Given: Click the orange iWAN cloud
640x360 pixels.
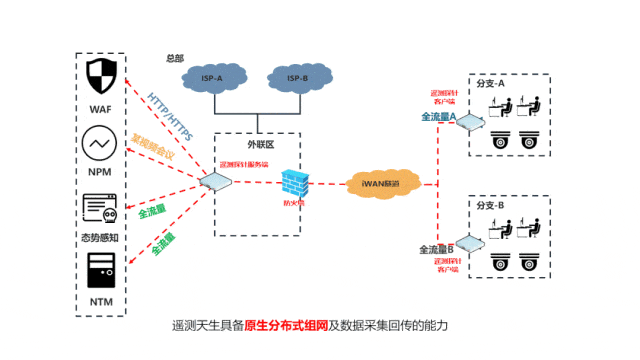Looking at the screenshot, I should [383, 184].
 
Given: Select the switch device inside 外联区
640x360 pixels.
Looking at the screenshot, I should [216, 182].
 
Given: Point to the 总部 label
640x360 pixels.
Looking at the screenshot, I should [174, 58].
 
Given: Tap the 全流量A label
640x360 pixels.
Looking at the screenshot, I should [438, 117].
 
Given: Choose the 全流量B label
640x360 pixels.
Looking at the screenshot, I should [436, 248].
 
